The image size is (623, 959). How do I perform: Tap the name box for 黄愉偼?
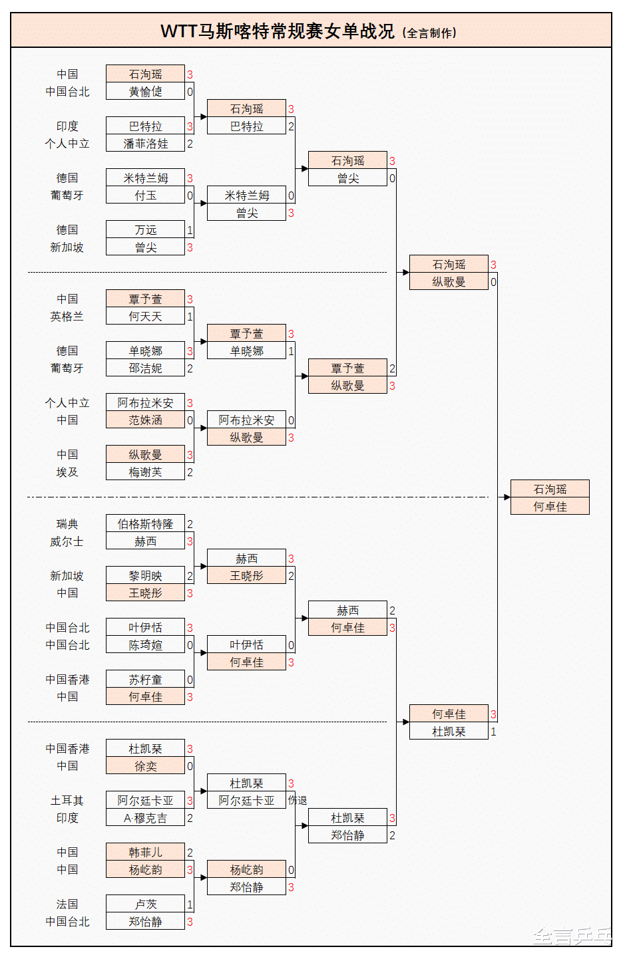click(145, 92)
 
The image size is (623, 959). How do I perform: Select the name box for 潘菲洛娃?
click(145, 144)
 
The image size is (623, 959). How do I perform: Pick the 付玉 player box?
click(145, 196)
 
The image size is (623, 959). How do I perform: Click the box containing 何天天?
click(145, 317)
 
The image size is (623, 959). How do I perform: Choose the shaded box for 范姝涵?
click(145, 420)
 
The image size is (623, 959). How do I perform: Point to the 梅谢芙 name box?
click(145, 472)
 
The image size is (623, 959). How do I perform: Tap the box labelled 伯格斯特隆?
click(145, 524)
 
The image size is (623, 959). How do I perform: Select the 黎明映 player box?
click(145, 576)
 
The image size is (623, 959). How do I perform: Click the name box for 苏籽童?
click(145, 680)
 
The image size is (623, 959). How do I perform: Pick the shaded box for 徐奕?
click(145, 766)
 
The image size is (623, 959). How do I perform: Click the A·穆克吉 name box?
click(145, 818)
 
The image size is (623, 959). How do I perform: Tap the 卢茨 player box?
click(145, 904)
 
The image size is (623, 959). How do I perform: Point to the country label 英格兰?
click(67, 317)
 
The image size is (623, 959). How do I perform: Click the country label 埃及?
click(67, 472)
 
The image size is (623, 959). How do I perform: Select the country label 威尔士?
click(67, 541)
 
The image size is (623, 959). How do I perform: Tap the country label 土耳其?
click(67, 801)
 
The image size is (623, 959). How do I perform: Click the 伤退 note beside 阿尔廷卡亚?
click(298, 801)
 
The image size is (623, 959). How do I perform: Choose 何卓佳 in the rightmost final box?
click(550, 507)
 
